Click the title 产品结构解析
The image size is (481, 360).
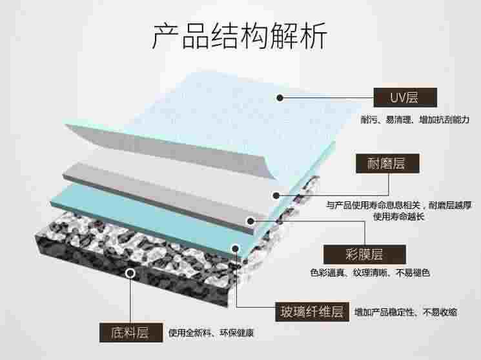click(x=240, y=36)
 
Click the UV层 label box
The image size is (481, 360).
click(x=405, y=97)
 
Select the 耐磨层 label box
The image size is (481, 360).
click(x=387, y=163)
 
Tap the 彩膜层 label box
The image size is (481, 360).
click(x=365, y=254)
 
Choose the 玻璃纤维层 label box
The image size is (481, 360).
click(x=312, y=312)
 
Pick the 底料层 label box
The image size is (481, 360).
click(x=131, y=332)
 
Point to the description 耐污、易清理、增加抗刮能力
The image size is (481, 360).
click(x=415, y=119)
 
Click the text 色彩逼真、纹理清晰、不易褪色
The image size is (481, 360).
click(x=370, y=273)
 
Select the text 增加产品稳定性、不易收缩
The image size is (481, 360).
click(x=405, y=312)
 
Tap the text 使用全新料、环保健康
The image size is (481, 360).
click(x=211, y=332)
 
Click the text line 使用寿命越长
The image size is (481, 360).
click(x=398, y=217)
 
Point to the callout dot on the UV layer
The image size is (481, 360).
click(x=280, y=98)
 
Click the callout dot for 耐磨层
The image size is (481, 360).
click(x=276, y=195)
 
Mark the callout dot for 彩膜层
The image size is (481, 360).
click(x=251, y=221)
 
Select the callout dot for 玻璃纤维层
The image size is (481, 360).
click(x=235, y=248)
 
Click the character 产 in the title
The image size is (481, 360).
click(x=166, y=36)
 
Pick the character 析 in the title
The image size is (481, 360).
click(x=314, y=36)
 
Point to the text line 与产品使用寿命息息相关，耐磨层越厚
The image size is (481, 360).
click(x=399, y=205)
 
